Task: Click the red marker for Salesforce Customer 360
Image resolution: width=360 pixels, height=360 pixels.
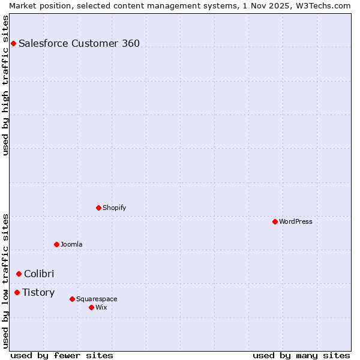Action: coord(13,43)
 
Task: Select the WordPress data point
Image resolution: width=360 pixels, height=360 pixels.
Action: coord(275,221)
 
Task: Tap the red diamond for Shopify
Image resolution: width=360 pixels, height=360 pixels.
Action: coord(98,208)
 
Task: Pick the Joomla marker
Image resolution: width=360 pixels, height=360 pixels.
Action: coord(56,244)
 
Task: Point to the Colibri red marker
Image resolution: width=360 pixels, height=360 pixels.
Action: coord(19,274)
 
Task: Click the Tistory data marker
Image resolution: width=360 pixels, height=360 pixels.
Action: coord(17,292)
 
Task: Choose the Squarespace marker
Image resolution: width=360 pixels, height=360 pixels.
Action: coord(72,299)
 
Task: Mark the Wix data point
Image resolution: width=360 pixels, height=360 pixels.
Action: coord(91,307)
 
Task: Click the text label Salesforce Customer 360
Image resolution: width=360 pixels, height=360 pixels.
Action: coord(79,43)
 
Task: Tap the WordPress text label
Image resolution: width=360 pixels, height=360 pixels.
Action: coord(296,221)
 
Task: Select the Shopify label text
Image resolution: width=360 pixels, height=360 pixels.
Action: coord(115,208)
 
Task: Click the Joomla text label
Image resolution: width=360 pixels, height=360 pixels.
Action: coord(71,244)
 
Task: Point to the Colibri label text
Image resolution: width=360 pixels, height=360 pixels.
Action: coord(39,274)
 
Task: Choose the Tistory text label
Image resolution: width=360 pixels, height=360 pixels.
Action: coord(38,292)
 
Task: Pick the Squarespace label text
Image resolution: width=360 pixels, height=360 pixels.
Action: coord(97,299)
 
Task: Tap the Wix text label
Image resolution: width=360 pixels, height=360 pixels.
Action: coord(101,307)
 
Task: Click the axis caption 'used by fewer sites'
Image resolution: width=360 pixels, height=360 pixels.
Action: coord(62,355)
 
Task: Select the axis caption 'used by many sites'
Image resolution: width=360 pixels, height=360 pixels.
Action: coord(301,355)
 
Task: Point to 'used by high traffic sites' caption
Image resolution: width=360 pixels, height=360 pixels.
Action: coord(6,86)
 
